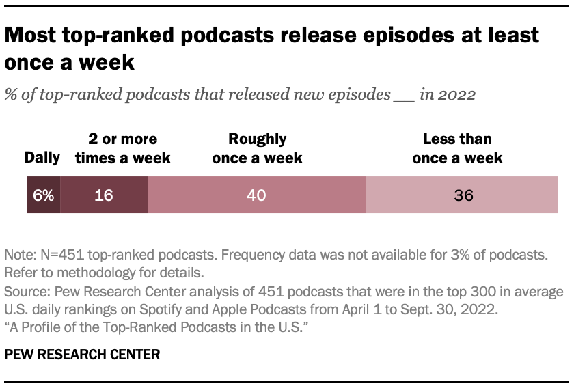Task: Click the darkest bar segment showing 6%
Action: pos(44,195)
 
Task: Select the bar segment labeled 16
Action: pos(104,195)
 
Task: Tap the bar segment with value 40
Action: pos(256,195)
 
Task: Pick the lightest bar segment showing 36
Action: pos(463,195)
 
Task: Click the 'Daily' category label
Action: pos(42,158)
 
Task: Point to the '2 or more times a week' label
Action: pos(123,149)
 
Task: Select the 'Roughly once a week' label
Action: pos(257,149)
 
